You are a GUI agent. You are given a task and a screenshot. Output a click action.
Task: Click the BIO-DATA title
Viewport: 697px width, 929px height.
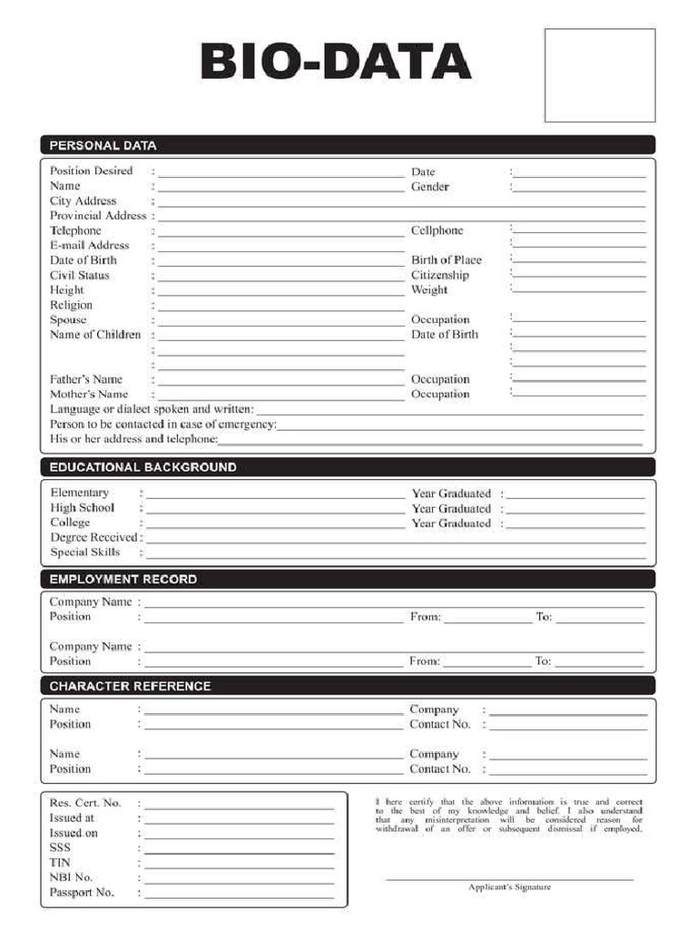point(335,64)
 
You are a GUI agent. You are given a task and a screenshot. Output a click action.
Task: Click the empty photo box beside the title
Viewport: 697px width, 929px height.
point(599,75)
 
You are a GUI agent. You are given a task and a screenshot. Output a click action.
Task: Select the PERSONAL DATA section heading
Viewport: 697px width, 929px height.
point(103,145)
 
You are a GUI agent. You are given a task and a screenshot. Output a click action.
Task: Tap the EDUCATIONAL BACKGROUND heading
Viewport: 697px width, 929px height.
point(142,467)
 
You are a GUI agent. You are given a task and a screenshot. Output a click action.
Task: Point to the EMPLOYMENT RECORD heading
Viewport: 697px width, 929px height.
point(123,579)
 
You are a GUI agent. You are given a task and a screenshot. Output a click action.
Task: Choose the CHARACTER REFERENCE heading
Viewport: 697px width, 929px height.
point(130,686)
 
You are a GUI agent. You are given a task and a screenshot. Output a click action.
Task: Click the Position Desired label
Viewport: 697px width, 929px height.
point(91,171)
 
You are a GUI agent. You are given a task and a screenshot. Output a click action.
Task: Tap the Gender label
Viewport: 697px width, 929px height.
point(430,187)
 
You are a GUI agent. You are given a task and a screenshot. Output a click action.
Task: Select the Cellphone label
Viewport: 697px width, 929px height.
point(437,230)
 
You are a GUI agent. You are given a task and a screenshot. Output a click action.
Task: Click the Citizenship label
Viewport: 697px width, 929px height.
point(440,275)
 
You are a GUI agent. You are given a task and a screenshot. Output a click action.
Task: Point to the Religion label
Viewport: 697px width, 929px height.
point(71,305)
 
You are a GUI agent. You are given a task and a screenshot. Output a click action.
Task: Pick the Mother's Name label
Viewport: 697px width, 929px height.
point(89,394)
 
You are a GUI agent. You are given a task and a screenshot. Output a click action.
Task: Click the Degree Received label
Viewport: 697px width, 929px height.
point(93,537)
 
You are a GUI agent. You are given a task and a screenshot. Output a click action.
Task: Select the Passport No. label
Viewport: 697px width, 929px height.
point(82,893)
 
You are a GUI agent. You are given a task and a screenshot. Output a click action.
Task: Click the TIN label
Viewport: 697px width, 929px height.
point(60,862)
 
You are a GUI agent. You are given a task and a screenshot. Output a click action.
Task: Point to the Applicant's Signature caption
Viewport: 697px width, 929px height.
point(509,887)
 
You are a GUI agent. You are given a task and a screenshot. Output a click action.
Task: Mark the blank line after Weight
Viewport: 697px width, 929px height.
point(579,291)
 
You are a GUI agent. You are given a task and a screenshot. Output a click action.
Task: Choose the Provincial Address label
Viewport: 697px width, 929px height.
point(98,216)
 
